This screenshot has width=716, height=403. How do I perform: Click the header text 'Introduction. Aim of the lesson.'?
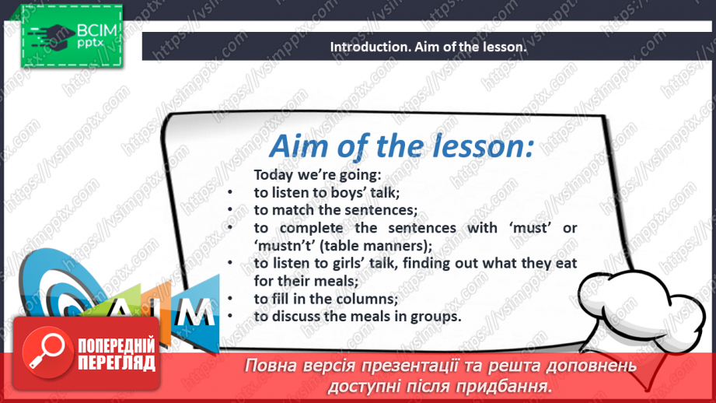click(x=428, y=47)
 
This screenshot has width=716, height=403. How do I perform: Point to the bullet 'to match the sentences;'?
click(x=335, y=209)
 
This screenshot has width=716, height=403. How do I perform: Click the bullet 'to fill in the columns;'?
click(x=326, y=299)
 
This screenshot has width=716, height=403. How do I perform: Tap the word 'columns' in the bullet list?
click(x=368, y=299)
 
